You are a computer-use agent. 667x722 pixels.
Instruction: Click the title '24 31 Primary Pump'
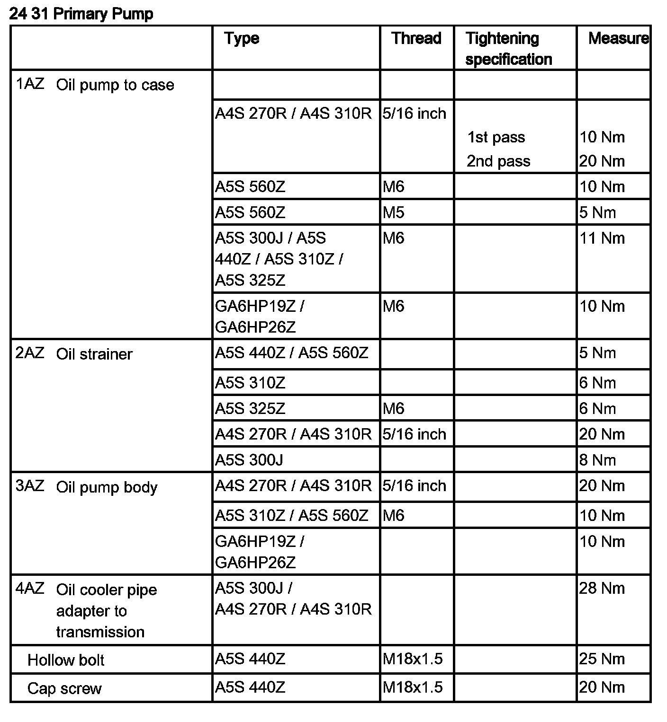click(81, 14)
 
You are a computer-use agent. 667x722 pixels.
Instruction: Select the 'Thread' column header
click(416, 38)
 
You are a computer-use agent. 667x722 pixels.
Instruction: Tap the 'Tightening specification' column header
click(508, 49)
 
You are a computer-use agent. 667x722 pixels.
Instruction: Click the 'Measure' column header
click(618, 38)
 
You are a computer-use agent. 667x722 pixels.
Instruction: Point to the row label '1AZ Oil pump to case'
click(95, 85)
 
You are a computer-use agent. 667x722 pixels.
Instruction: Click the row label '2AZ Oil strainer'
click(74, 354)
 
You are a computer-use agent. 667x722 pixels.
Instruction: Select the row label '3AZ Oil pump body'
click(87, 487)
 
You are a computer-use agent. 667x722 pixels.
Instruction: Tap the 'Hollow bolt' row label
click(66, 660)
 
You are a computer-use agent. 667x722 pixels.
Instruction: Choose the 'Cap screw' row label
click(64, 688)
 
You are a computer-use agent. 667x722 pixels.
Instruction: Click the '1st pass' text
click(496, 137)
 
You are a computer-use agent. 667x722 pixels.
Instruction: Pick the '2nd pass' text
click(498, 161)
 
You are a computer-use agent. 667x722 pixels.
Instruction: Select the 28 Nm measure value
click(602, 588)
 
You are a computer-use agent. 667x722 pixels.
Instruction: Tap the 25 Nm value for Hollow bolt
click(602, 659)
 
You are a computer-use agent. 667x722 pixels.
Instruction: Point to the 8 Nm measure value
click(597, 460)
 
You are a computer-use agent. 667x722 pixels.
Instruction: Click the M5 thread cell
click(393, 212)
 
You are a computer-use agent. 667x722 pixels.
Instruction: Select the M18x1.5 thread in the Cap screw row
click(412, 687)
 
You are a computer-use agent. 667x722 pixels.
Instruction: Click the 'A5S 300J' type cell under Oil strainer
click(249, 460)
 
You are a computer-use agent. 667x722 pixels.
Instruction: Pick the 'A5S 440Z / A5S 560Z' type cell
click(291, 353)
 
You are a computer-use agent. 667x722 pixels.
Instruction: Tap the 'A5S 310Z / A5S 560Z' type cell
click(291, 515)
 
